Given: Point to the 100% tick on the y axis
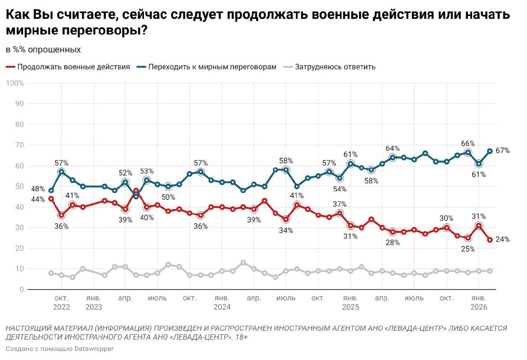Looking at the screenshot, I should click(15, 83).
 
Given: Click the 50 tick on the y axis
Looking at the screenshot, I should click(19, 186).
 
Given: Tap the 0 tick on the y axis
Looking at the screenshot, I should click(21, 290).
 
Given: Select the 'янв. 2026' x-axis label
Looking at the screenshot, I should click(478, 302).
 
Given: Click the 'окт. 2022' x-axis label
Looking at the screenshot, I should click(61, 302).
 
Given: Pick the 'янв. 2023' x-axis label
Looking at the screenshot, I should click(93, 302).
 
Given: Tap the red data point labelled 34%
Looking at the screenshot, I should click(286, 219).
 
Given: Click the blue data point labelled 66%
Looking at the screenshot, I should click(468, 153).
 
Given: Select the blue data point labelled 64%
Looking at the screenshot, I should click(393, 157).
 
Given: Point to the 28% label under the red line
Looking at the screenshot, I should click(392, 243).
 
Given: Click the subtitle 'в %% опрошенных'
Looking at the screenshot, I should click(43, 50).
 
